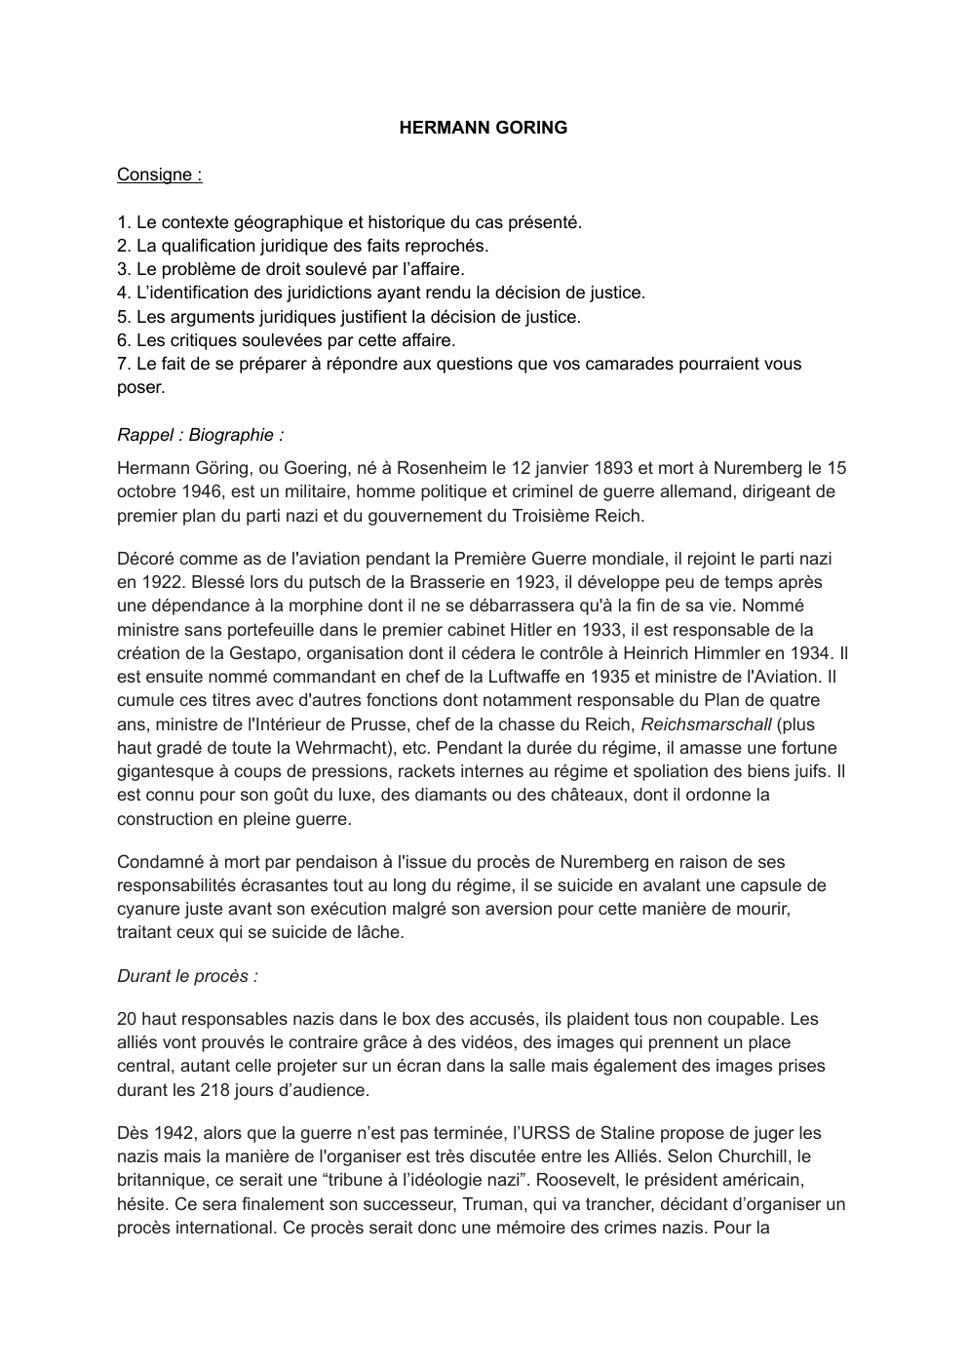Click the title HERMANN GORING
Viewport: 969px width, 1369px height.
[x=483, y=128]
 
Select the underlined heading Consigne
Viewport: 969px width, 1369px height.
[x=159, y=175]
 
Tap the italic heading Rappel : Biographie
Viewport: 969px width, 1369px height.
[x=200, y=435]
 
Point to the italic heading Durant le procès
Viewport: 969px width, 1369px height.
[x=187, y=976]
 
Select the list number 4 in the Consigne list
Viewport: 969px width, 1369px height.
[x=123, y=293]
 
